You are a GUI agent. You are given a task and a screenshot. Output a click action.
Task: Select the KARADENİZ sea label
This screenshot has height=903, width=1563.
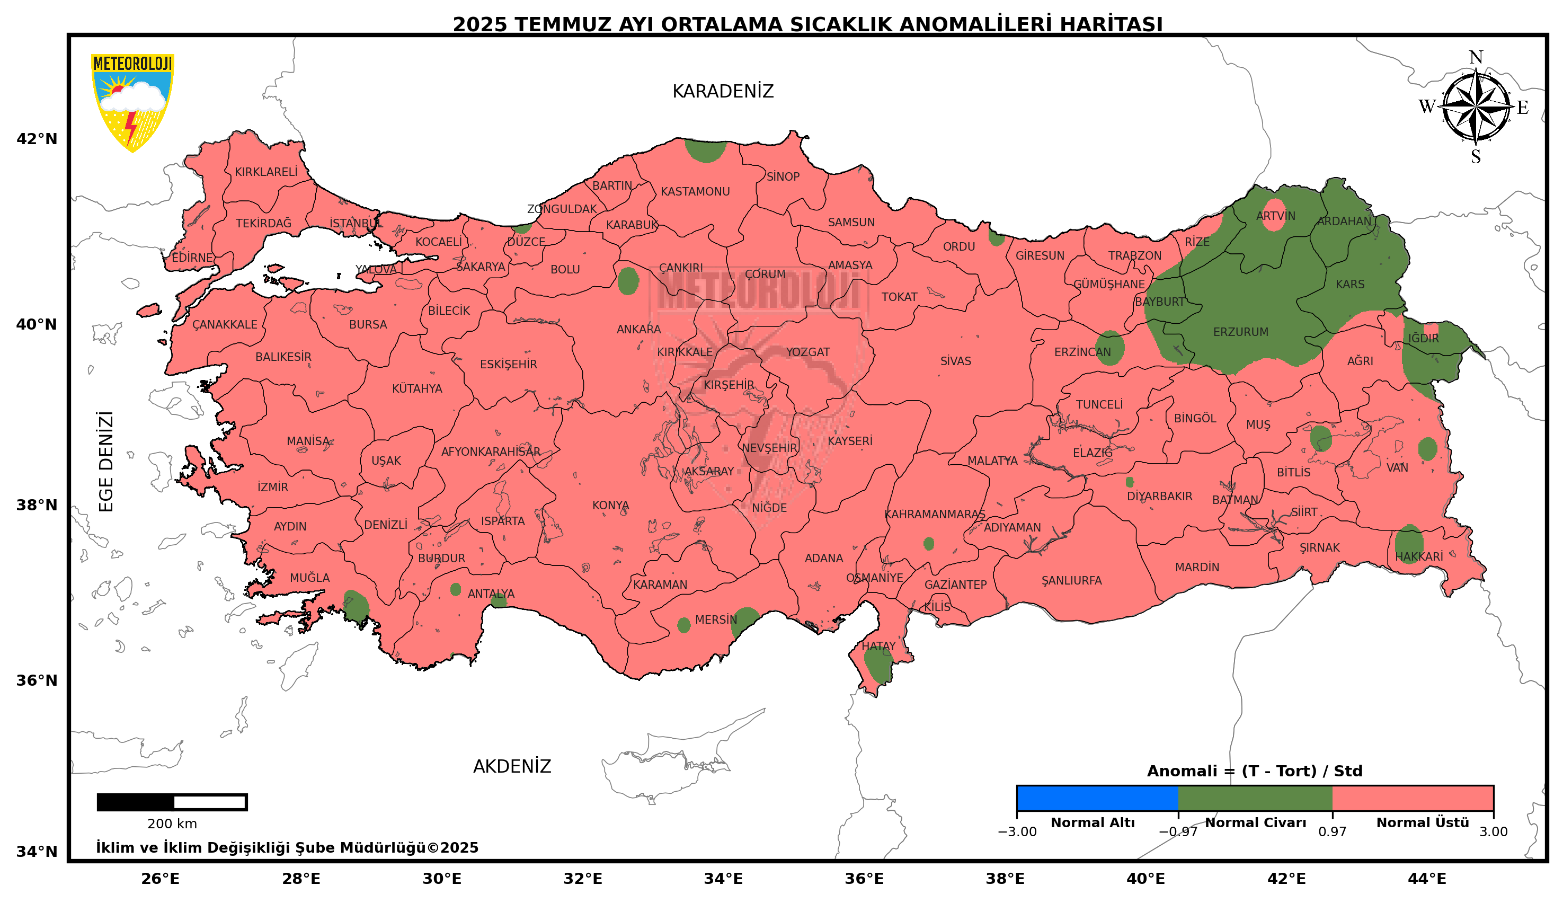[722, 92]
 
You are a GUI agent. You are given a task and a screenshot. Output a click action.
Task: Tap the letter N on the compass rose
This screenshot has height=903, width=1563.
[1476, 58]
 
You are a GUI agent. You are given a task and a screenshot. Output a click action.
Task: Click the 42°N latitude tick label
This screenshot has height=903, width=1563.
[37, 139]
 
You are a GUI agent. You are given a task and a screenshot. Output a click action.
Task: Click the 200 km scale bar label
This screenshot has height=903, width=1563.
[172, 824]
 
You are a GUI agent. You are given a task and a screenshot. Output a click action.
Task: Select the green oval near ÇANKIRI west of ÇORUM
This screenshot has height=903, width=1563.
[627, 281]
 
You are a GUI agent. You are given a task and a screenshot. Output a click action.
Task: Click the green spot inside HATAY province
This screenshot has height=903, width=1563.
[877, 666]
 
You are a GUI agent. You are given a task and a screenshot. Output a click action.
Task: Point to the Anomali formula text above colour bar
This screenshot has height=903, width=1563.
[1254, 771]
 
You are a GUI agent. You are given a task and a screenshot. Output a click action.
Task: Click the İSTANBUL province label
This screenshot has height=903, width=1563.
[356, 223]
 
